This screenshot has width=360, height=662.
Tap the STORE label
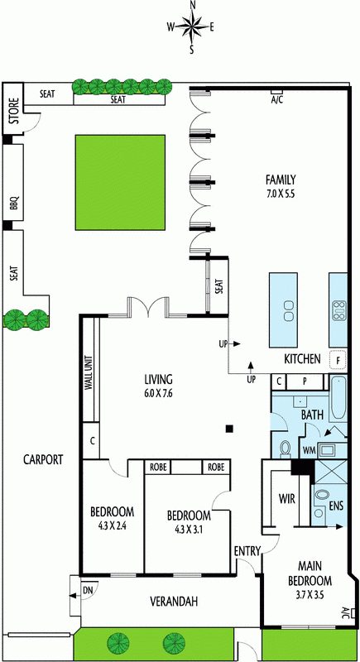pyautogui.click(x=14, y=111)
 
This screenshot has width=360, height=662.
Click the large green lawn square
pyautogui.click(x=120, y=182)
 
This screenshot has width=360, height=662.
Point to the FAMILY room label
pyautogui.click(x=281, y=180)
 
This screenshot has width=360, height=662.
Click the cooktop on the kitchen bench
pyautogui.click(x=338, y=311)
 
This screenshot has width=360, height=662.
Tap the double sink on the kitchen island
pyautogui.click(x=289, y=311)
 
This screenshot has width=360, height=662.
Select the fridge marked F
pyautogui.click(x=338, y=359)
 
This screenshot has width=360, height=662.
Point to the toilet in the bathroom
pyautogui.click(x=286, y=449)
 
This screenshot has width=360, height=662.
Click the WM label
pyautogui.click(x=310, y=451)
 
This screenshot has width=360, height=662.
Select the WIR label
pyautogui.click(x=286, y=499)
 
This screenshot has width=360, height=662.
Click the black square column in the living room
pyautogui.click(x=229, y=429)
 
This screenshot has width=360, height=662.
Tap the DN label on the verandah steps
pyautogui.click(x=88, y=588)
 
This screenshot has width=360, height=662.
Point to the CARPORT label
pyautogui.click(x=43, y=459)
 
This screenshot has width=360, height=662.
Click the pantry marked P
pyautogui.click(x=304, y=381)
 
